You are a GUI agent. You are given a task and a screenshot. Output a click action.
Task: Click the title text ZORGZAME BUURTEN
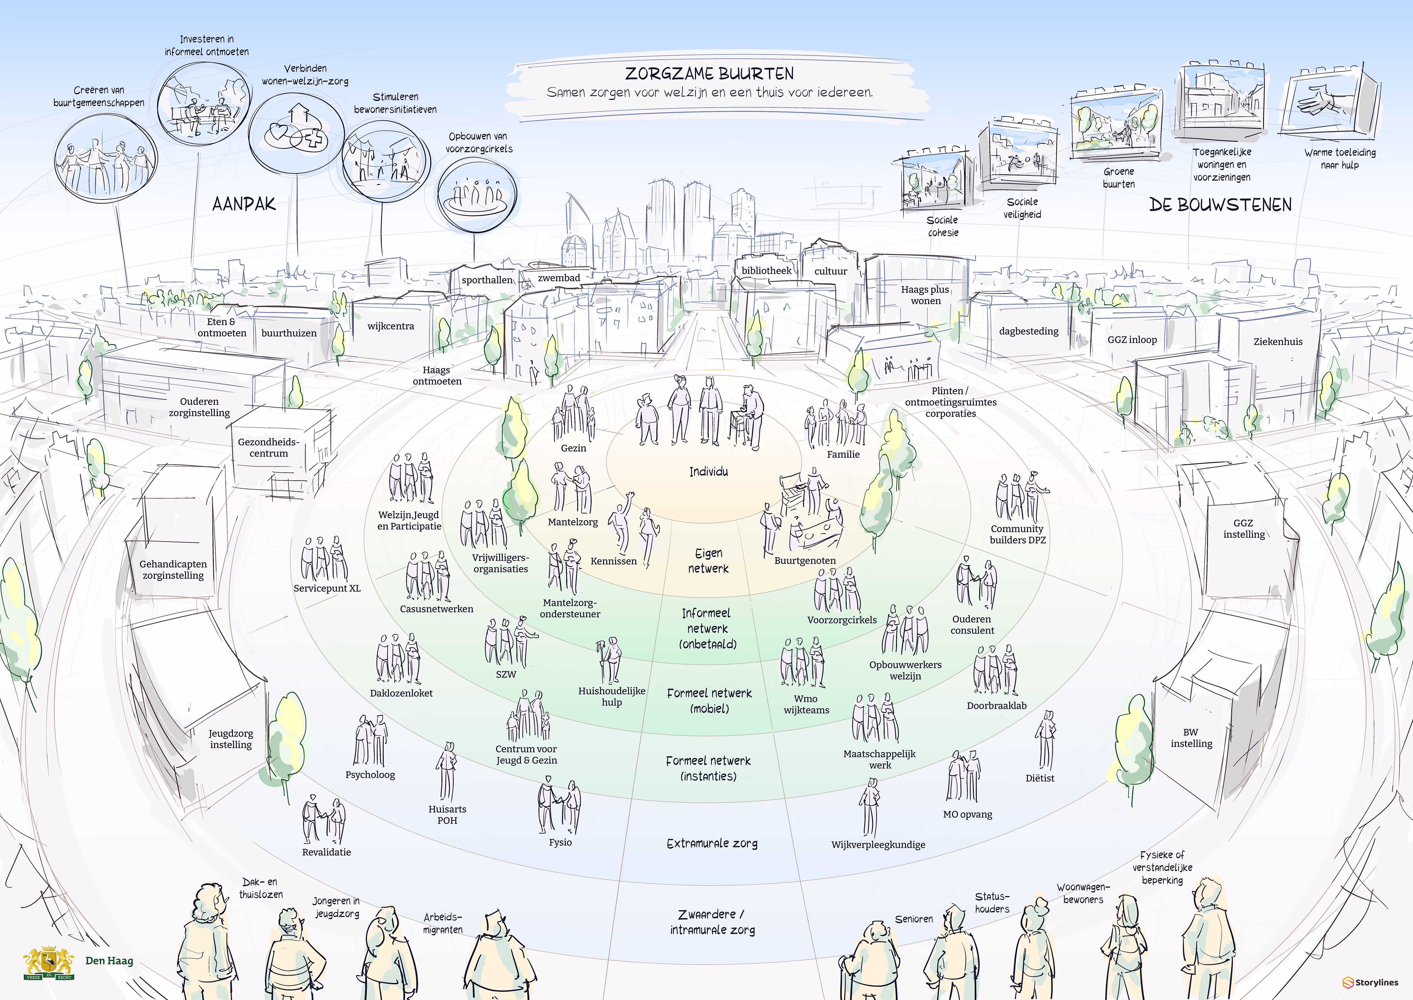click(x=709, y=74)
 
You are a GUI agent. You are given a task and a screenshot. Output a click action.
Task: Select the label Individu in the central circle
click(x=708, y=472)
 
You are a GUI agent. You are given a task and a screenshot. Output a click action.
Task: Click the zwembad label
click(x=559, y=278)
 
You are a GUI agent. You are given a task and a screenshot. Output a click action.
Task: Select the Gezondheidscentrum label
click(x=268, y=448)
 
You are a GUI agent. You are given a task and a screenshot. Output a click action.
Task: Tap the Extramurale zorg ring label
click(x=712, y=844)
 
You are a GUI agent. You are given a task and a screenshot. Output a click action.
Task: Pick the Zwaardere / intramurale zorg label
click(x=712, y=922)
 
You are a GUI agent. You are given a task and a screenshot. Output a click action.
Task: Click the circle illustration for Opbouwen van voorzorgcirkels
click(x=476, y=194)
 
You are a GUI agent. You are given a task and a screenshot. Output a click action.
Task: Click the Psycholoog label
click(x=370, y=775)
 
